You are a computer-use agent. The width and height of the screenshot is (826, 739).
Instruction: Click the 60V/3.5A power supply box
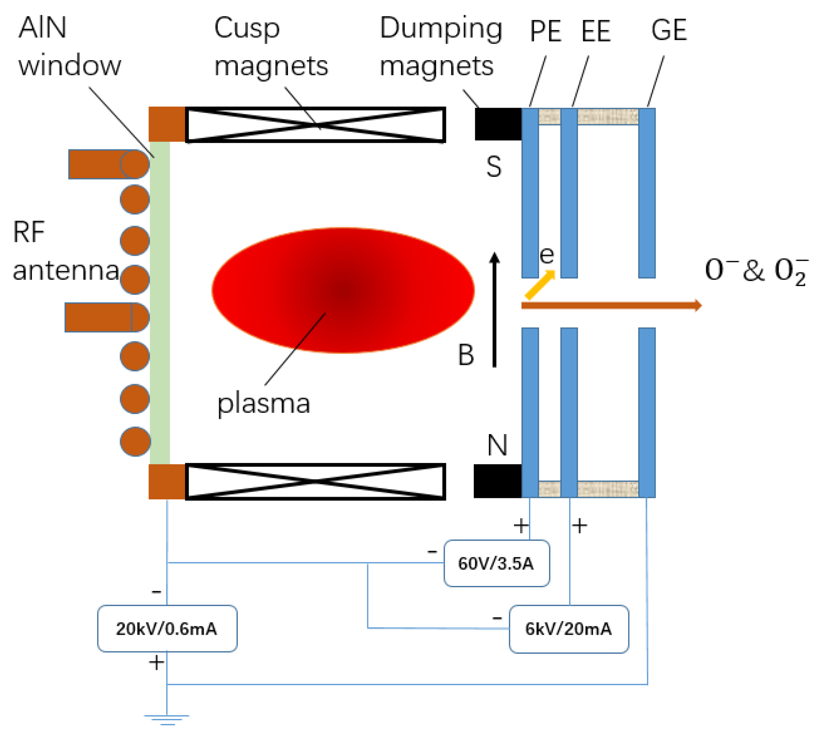coord(497,564)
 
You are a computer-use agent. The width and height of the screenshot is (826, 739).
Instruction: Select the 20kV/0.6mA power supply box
coord(167,629)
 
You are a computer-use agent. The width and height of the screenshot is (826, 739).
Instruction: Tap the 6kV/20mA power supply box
coord(569,629)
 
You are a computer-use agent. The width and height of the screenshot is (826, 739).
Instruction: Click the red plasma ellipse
coord(343,290)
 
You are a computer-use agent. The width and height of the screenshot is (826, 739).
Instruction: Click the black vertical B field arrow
coord(494,310)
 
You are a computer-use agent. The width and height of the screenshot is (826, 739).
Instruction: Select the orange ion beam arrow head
coord(698,305)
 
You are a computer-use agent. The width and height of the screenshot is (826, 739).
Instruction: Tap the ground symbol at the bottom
coord(167,718)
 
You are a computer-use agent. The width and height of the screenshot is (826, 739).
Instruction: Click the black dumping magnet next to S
coord(498,124)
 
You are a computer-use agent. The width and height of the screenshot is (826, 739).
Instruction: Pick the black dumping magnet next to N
coord(498,481)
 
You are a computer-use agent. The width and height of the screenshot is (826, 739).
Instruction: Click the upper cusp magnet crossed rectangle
coord(315,124)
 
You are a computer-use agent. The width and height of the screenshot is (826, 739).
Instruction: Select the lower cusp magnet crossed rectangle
coord(315,482)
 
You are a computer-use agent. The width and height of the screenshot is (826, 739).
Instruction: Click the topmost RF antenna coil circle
coord(135,164)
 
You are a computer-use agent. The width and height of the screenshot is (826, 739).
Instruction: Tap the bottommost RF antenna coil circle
coord(135,441)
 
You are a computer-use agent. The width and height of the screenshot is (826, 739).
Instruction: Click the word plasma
coord(263,404)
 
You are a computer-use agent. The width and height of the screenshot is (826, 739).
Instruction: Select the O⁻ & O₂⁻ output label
coord(756,271)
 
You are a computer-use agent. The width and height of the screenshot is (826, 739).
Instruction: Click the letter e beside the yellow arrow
coord(547,255)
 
